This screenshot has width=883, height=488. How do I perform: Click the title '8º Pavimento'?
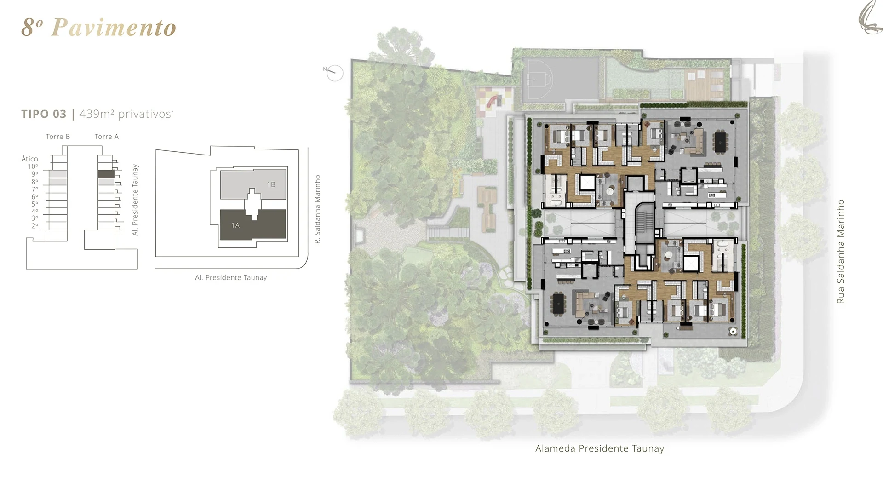(99, 28)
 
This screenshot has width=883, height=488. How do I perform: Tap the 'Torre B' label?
(58, 137)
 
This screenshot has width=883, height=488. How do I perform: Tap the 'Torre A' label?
(107, 137)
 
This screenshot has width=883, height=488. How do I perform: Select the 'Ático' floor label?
(29, 159)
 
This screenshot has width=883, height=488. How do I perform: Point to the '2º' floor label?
(34, 226)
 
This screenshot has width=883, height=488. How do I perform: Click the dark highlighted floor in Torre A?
(106, 174)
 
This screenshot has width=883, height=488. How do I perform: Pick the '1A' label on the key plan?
(235, 225)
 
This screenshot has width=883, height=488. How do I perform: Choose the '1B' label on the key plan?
(271, 184)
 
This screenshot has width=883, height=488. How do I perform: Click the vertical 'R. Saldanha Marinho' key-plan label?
(317, 209)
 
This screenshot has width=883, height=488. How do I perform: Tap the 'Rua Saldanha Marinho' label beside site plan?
(841, 251)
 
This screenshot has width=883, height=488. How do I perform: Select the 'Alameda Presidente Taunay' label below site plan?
(600, 448)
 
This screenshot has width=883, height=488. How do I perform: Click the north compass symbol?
(335, 73)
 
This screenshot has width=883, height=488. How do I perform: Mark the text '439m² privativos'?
(126, 114)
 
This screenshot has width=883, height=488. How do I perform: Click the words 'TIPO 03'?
(44, 114)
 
